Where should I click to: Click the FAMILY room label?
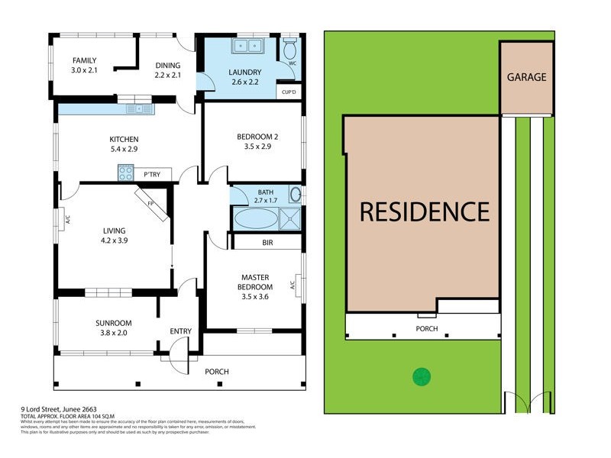click(85, 60)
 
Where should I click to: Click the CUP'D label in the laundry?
click(289, 92)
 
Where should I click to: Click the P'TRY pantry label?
click(151, 175)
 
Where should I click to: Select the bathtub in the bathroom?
click(255, 219)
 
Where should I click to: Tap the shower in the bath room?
click(290, 218)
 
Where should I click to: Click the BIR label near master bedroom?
click(267, 242)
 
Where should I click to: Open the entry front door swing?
click(178, 356)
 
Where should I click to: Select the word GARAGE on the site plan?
click(526, 77)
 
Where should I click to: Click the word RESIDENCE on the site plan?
click(424, 211)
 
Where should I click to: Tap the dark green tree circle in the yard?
click(421, 376)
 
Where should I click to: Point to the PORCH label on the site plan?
click(426, 329)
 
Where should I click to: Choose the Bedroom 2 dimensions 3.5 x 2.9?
click(257, 147)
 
